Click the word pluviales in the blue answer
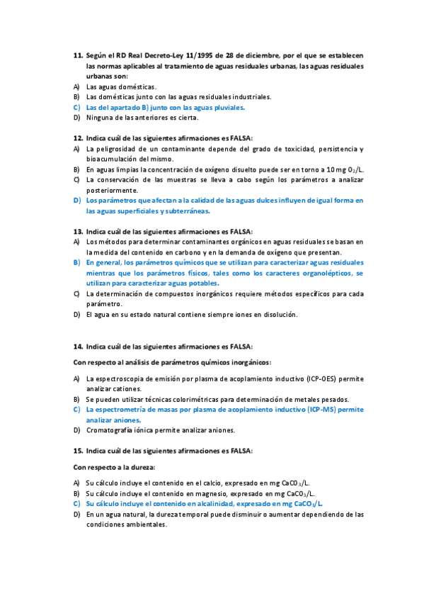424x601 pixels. click(x=226, y=107)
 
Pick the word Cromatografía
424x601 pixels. click(x=113, y=430)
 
